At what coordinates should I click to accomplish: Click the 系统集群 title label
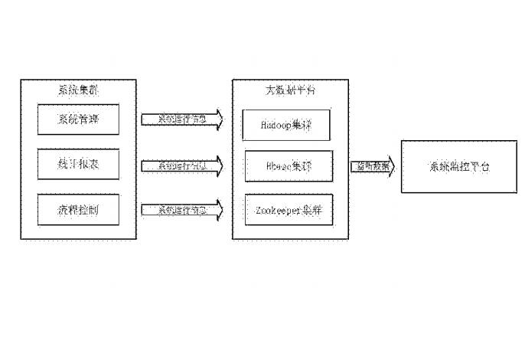(x=78, y=90)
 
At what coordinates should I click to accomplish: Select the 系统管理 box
(x=78, y=119)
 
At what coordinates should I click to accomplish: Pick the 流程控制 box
(x=78, y=210)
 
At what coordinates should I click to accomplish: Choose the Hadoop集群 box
(x=286, y=124)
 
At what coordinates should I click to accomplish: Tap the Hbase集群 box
(x=289, y=165)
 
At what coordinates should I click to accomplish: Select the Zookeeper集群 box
(x=289, y=209)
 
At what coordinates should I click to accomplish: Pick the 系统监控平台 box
(x=458, y=166)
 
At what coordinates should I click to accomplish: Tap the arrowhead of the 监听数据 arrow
(x=390, y=166)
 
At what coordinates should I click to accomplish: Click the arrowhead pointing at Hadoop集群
(x=218, y=119)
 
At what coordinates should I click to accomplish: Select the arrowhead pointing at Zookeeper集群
(x=218, y=209)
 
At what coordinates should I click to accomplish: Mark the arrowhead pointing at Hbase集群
(x=218, y=165)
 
